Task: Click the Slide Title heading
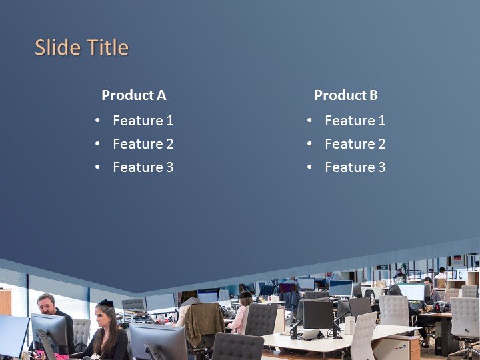pos(81,48)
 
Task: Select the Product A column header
pos(133,95)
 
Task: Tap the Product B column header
pos(345,95)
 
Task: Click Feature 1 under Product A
pos(143,121)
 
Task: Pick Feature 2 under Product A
pos(143,144)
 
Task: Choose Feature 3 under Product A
pos(143,167)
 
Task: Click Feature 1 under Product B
pos(355,121)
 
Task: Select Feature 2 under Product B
pos(355,144)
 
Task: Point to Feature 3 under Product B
pos(355,167)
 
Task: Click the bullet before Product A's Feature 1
pos(97,121)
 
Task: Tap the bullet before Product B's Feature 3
pos(309,167)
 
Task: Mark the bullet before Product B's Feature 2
pos(309,144)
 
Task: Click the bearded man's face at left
pos(47,305)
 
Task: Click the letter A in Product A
pos(161,95)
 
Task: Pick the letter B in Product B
pos(373,95)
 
